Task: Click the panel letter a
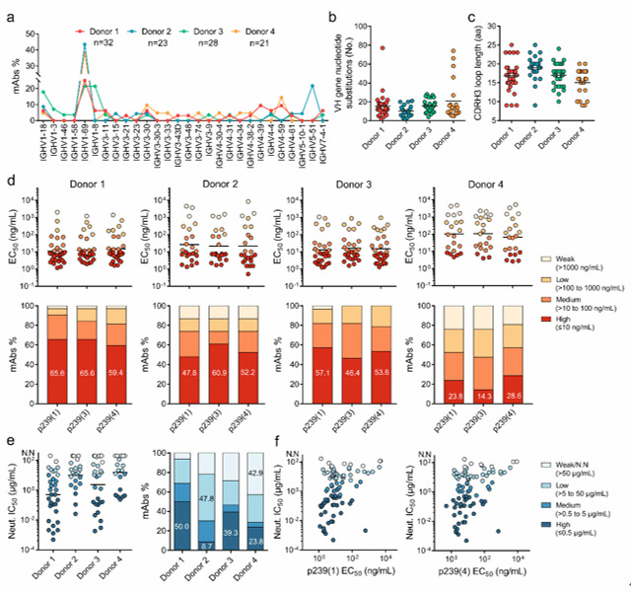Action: tap(10, 14)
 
